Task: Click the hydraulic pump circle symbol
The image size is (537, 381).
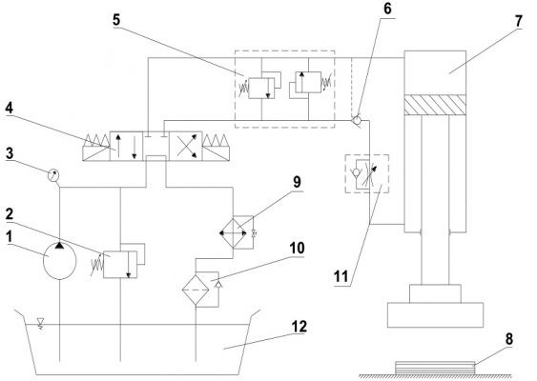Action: pyautogui.click(x=59, y=261)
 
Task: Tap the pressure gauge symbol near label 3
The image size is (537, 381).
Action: pyautogui.click(x=53, y=175)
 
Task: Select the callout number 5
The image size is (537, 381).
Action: pyautogui.click(x=116, y=20)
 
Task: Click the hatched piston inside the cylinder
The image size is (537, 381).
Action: pyautogui.click(x=435, y=105)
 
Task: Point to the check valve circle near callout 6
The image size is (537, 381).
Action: pyautogui.click(x=357, y=120)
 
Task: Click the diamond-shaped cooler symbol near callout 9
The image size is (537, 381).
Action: pyautogui.click(x=234, y=233)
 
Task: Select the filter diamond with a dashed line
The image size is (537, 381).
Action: pyautogui.click(x=196, y=290)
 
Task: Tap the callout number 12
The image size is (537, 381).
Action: pyautogui.click(x=299, y=327)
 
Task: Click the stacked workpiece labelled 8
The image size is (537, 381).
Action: pyautogui.click(x=435, y=368)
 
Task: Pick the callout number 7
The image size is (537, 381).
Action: pyautogui.click(x=519, y=21)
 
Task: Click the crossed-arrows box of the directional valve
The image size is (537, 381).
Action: pyautogui.click(x=186, y=146)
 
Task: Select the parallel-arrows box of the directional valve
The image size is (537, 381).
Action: pyautogui.click(x=126, y=146)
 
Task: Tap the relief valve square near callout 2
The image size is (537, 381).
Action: pyautogui.click(x=120, y=264)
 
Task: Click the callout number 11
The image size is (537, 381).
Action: pyautogui.click(x=341, y=276)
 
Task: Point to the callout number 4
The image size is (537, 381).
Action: pyautogui.click(x=9, y=108)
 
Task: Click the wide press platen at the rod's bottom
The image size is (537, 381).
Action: pyautogui.click(x=435, y=315)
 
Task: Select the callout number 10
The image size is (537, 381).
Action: pyautogui.click(x=297, y=248)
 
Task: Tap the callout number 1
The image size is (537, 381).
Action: pyautogui.click(x=10, y=237)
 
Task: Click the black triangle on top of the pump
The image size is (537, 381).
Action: pyautogui.click(x=59, y=245)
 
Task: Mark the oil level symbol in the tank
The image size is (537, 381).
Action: pyautogui.click(x=40, y=323)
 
